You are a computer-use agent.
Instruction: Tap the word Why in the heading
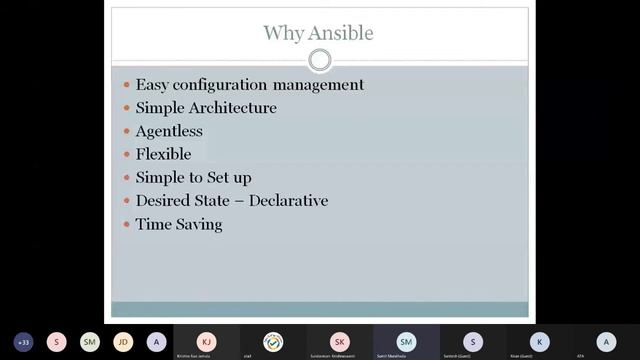[x=283, y=33]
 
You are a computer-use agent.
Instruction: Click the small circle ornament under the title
[x=320, y=61]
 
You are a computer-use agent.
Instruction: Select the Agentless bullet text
[x=169, y=131]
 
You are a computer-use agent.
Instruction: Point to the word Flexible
[x=163, y=154]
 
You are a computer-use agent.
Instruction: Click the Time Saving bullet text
[x=179, y=224]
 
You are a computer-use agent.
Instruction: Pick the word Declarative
[x=289, y=201]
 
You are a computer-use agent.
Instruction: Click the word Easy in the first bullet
[x=152, y=85]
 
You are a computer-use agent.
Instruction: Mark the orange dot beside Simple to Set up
[x=126, y=178]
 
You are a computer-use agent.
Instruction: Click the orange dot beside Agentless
[x=126, y=132]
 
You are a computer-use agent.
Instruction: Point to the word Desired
[x=165, y=201]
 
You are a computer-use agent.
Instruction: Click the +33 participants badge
[x=24, y=341]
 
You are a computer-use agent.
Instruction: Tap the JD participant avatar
[x=123, y=341]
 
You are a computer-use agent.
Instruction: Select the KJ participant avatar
[x=206, y=340]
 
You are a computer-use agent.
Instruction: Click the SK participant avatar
[x=340, y=340]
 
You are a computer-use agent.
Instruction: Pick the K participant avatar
[x=539, y=340]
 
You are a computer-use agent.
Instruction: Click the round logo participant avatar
[x=273, y=340]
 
